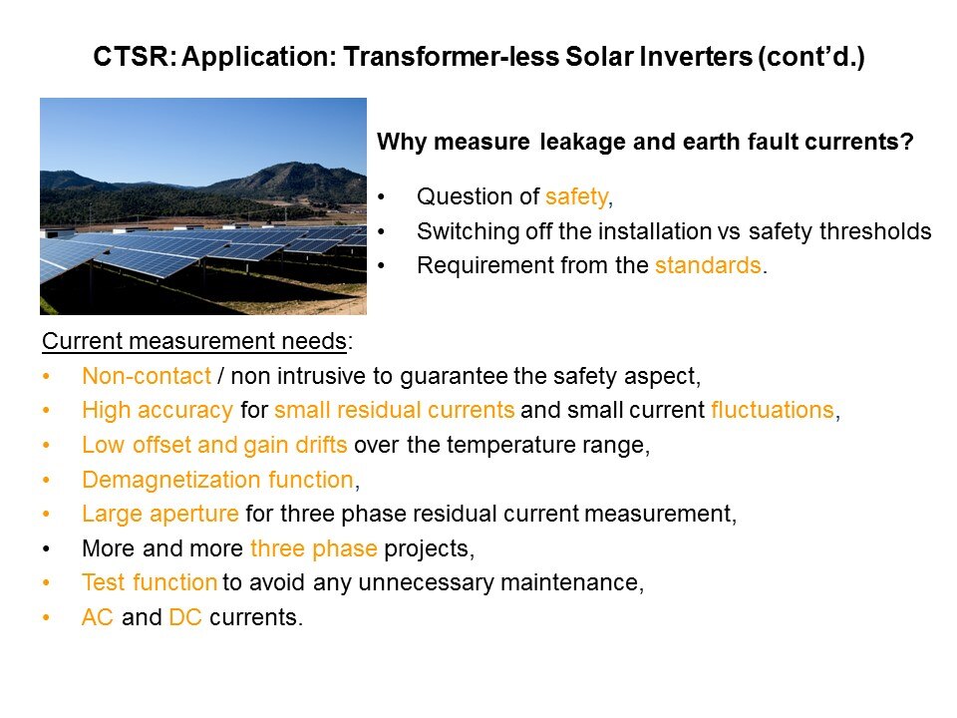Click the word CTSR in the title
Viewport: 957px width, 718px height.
click(132, 57)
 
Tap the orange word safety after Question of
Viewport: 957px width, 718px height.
click(577, 197)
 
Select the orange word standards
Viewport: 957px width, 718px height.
click(708, 265)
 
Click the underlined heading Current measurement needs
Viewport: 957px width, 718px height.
click(194, 341)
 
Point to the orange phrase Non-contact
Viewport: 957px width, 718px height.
click(147, 376)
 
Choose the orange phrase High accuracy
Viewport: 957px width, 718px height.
click(158, 411)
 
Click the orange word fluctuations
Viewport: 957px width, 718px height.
click(773, 410)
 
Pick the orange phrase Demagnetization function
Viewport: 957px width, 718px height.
click(218, 480)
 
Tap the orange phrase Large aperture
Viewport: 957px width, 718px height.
click(159, 515)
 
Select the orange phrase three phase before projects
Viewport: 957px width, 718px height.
click(314, 548)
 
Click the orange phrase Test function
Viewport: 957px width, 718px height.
click(150, 582)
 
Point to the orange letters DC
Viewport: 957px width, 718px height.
click(185, 617)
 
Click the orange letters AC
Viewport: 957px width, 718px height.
click(98, 617)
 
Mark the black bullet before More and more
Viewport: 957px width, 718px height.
click(47, 549)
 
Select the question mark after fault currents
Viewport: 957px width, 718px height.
click(907, 142)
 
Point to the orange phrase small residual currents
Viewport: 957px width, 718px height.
click(395, 410)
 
